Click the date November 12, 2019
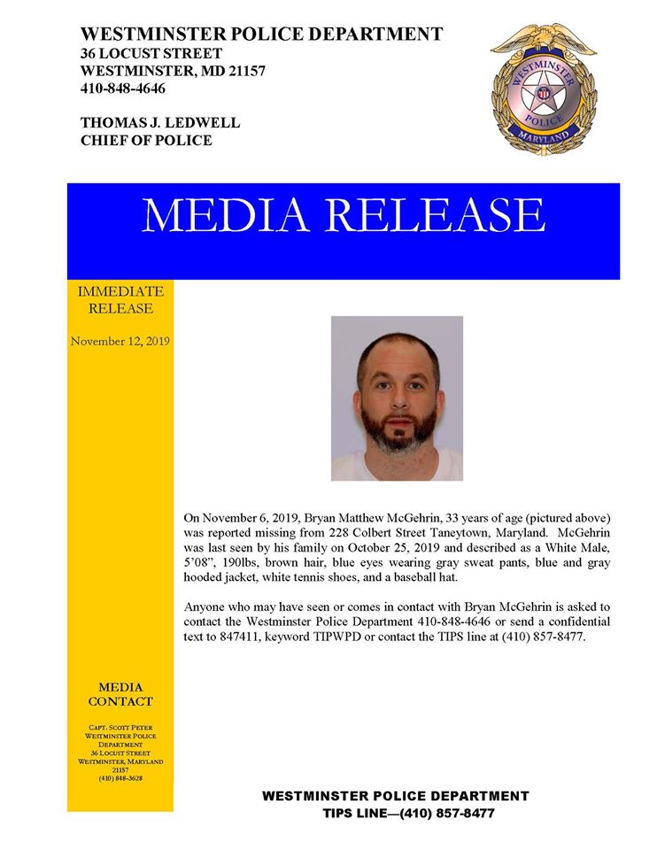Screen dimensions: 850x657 [x=120, y=341]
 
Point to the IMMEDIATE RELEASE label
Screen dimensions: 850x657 [x=120, y=299]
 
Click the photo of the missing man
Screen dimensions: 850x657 [x=397, y=398]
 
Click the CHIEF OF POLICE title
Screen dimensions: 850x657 [x=146, y=140]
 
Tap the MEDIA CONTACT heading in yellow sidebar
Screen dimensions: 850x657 [x=120, y=694]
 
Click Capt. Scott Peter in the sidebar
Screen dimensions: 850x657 [x=120, y=727]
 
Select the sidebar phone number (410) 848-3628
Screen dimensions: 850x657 [x=120, y=778]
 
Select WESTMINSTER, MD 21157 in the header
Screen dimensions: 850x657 [x=174, y=71]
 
